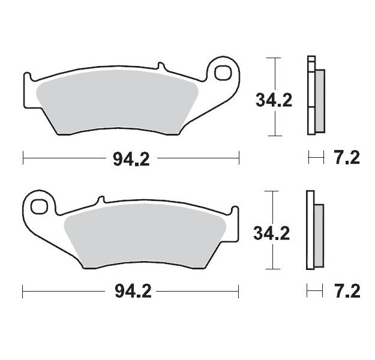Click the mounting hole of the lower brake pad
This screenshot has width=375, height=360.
(x=40, y=206)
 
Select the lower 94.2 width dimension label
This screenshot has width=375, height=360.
(x=131, y=292)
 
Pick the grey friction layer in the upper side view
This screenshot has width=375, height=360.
(x=319, y=101)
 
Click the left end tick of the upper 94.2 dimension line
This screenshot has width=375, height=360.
(x=23, y=158)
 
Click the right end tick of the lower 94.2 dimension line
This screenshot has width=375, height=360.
(x=239, y=292)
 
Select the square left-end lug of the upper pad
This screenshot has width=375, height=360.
(x=28, y=79)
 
